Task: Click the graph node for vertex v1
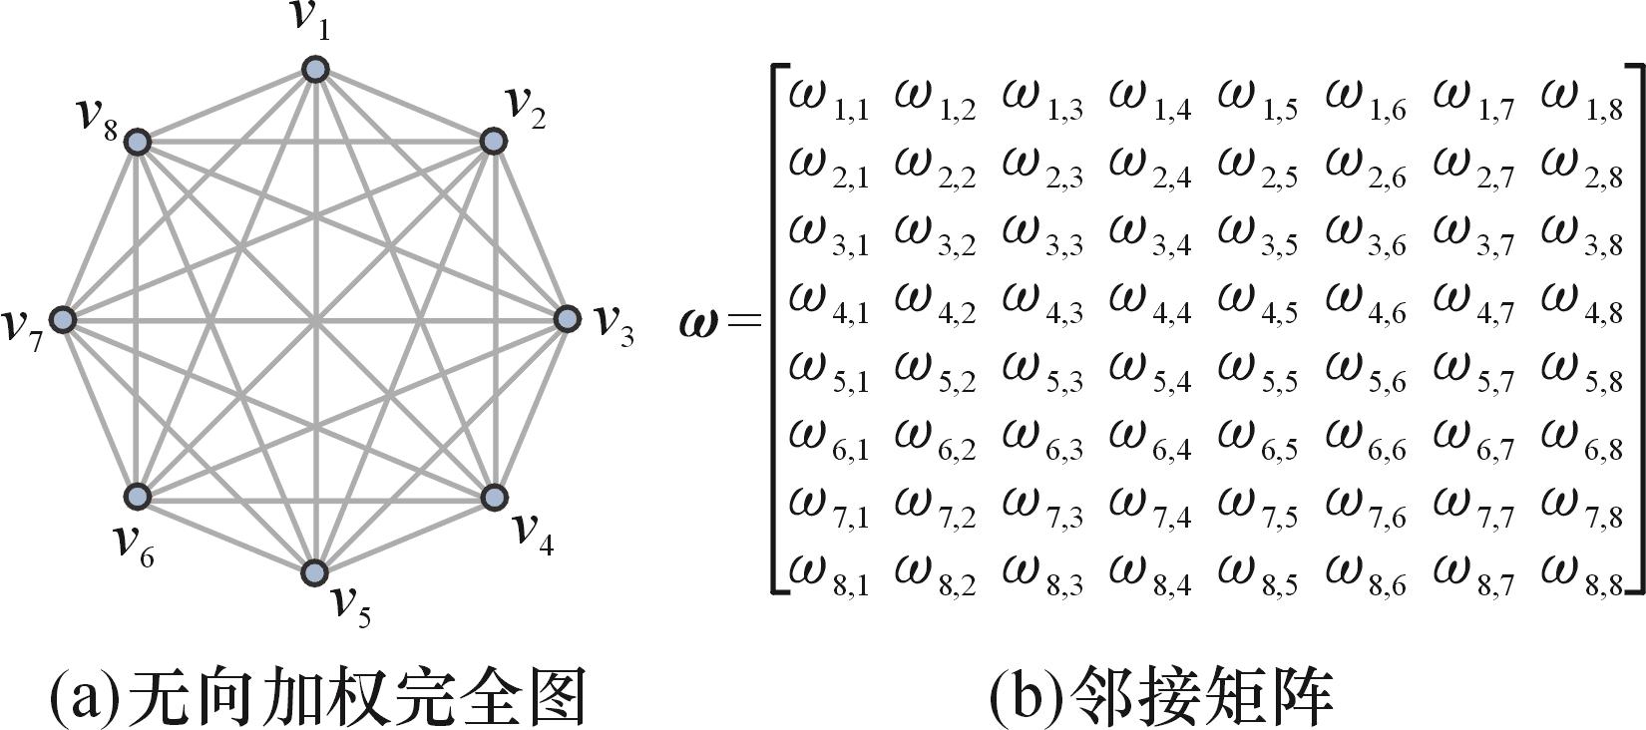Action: (x=315, y=69)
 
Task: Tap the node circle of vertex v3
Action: (x=567, y=319)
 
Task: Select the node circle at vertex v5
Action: (x=315, y=572)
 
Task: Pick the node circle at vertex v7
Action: (x=64, y=319)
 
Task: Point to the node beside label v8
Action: (x=137, y=143)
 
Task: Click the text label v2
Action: (x=526, y=106)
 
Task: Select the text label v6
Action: (x=134, y=544)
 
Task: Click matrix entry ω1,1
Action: (x=828, y=100)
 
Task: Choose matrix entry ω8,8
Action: (x=1580, y=574)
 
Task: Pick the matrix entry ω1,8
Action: (x=1580, y=100)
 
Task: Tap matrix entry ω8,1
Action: (x=828, y=574)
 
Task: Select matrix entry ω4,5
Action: (x=1257, y=303)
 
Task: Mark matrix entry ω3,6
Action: (x=1365, y=235)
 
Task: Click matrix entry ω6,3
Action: (x=1041, y=439)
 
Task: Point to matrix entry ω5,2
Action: (x=935, y=371)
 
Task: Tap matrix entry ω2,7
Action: (x=1472, y=168)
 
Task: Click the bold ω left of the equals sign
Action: (x=697, y=322)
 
